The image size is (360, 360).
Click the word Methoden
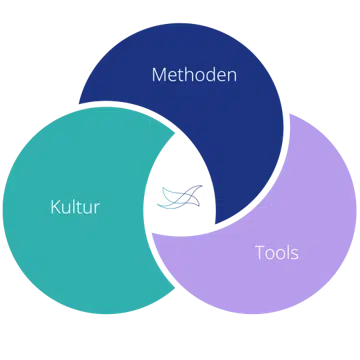point(194,75)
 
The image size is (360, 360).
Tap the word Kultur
point(75,207)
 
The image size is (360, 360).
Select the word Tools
point(277,253)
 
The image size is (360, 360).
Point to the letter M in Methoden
point(159,75)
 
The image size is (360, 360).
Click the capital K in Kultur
point(56,207)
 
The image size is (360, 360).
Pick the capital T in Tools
point(260,253)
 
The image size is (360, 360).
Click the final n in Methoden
point(232,77)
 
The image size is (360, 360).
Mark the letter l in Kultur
point(75,207)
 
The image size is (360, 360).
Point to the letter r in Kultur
point(96,209)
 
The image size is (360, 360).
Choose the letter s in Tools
point(294,255)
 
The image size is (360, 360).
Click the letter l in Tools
point(287,253)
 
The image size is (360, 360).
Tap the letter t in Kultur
point(81,208)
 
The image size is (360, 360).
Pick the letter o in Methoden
point(199,77)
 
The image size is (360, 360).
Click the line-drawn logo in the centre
point(179,197)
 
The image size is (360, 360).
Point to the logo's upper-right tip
point(202,186)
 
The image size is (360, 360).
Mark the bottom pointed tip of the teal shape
point(174,287)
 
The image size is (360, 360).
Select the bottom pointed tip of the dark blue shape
point(216,224)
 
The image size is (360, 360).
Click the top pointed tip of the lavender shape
point(289,114)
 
